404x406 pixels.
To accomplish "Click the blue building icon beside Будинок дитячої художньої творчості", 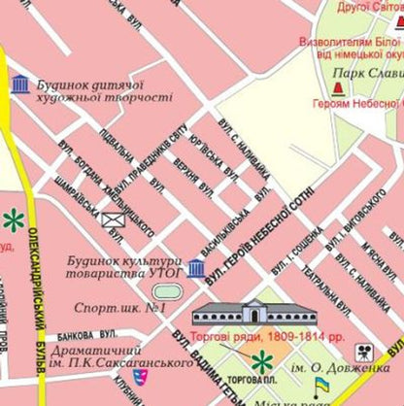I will click(x=19, y=85).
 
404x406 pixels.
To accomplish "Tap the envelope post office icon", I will click(x=114, y=220).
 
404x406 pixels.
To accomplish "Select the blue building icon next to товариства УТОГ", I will click(x=196, y=269).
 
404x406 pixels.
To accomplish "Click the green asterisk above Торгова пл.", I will click(x=256, y=364).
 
